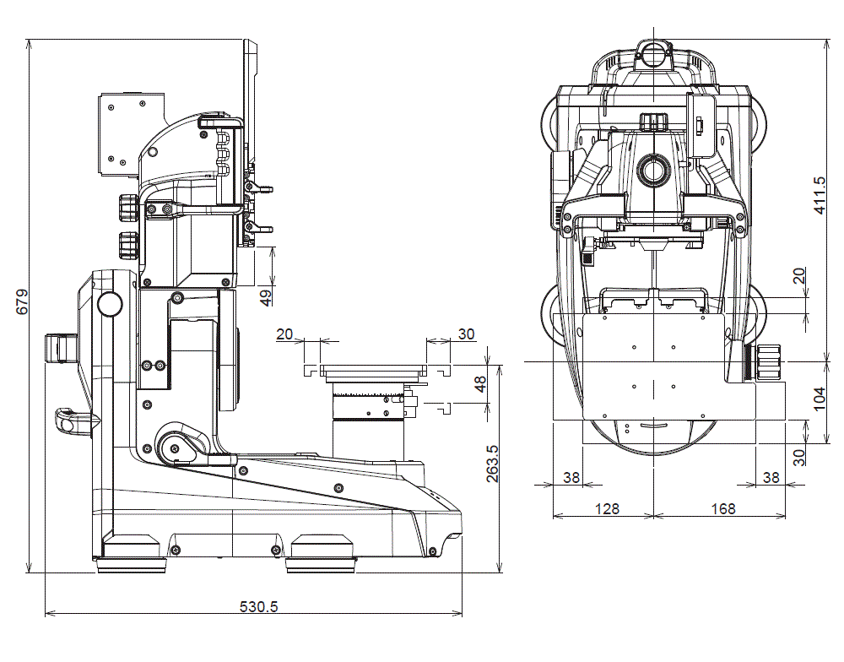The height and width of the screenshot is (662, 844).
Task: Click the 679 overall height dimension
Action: coord(21,302)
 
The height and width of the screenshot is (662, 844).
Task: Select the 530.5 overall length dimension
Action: coord(259,606)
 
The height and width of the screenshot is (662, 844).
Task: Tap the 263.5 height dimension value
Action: coord(493,464)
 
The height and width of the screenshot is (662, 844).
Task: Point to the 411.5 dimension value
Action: coord(820,195)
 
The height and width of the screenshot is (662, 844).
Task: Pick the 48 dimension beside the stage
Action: coord(480,384)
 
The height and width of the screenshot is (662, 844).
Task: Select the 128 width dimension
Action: coord(607,508)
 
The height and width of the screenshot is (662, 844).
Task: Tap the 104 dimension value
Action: coord(820,397)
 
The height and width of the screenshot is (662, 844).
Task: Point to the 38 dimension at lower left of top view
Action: coord(571,477)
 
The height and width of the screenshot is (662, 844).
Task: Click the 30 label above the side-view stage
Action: coord(466,334)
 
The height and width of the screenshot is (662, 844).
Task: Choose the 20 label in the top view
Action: coord(799,275)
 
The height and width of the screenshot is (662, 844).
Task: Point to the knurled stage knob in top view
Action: coord(769,362)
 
